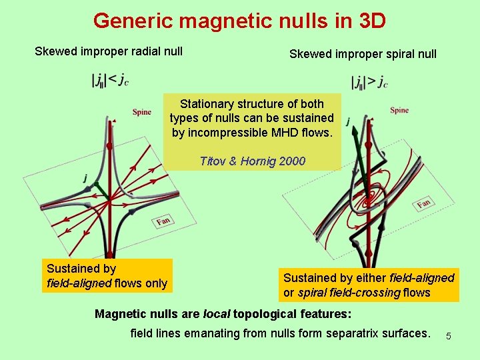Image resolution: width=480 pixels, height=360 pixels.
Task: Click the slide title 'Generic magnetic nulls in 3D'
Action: [239, 21]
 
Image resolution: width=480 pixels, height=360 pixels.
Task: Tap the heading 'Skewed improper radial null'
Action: [109, 51]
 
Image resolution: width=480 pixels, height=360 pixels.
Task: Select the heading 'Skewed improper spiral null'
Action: [363, 53]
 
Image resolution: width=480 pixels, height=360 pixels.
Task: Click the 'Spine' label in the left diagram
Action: [141, 112]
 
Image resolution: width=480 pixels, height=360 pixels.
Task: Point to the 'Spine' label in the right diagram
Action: [399, 110]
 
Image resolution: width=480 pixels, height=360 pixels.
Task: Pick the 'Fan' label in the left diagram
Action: [163, 221]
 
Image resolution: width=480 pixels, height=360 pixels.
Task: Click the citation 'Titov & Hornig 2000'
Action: [253, 161]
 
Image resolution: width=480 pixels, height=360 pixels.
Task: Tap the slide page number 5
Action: [449, 336]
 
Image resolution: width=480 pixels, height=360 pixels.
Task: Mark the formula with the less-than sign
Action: [110, 81]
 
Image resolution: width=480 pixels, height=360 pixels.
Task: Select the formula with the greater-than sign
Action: [369, 82]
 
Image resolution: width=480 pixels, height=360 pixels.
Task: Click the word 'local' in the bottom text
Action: [216, 314]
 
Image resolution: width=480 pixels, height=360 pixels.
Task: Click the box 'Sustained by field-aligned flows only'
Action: [107, 276]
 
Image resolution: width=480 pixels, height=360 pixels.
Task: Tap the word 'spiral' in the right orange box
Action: [312, 292]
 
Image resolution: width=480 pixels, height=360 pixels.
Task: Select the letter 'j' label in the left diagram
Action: [85, 178]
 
